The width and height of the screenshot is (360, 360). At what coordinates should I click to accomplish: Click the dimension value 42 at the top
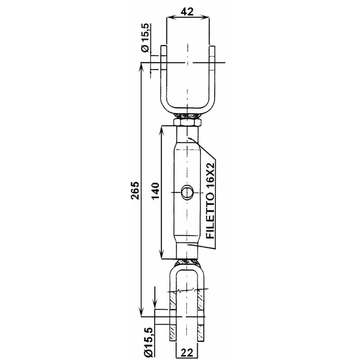coord(187,12)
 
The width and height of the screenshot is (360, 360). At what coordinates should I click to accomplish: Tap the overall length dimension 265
coord(135,190)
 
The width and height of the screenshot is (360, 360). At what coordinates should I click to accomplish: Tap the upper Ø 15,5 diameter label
coord(146,38)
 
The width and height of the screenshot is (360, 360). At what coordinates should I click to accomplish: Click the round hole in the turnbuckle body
coord(186,192)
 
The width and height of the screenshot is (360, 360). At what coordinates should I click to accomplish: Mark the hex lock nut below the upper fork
coord(187,123)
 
